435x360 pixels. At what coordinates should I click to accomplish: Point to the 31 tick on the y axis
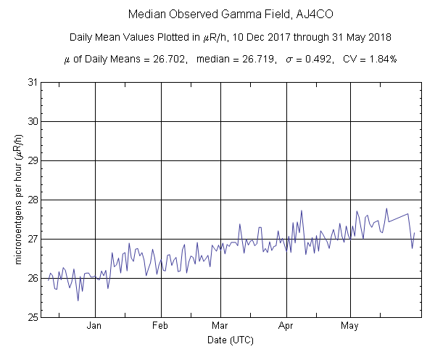click(32, 82)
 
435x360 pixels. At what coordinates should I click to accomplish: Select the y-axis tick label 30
click(32, 121)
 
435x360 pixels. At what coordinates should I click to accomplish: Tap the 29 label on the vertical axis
click(32, 160)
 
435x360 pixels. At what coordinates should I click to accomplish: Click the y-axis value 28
click(32, 200)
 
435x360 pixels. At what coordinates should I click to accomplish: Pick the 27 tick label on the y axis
click(32, 239)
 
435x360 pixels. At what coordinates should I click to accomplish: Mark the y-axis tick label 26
click(32, 278)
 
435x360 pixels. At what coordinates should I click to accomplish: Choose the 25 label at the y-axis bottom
click(32, 317)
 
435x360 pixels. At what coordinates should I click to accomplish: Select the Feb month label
click(160, 327)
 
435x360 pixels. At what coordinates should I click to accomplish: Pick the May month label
click(351, 327)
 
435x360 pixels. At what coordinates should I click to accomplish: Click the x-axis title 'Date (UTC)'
click(230, 340)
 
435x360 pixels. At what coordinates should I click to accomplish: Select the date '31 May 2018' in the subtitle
click(343, 37)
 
